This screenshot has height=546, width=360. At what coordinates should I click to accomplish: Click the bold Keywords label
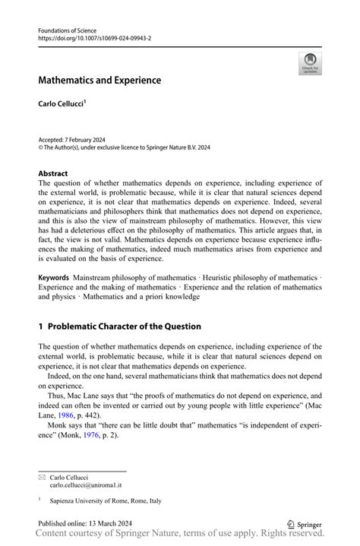click(54, 278)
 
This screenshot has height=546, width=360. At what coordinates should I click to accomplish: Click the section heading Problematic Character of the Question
click(125, 326)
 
